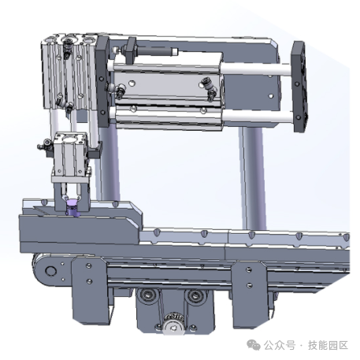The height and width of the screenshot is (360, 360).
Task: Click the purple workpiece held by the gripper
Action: click(73, 208)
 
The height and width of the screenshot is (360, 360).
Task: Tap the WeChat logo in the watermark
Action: click(254, 345)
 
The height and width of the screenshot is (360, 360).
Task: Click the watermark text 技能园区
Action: click(328, 345)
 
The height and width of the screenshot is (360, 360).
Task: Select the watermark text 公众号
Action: click(280, 345)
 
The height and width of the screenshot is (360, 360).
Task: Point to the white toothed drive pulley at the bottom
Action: click(173, 325)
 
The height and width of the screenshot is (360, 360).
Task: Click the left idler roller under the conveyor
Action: click(148, 295)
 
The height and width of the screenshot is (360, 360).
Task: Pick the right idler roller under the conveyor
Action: click(195, 295)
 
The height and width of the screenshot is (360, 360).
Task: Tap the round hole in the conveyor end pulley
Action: click(50, 270)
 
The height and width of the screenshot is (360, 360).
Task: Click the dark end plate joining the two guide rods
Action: click(299, 87)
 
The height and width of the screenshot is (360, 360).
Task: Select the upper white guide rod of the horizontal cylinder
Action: click(255, 69)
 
